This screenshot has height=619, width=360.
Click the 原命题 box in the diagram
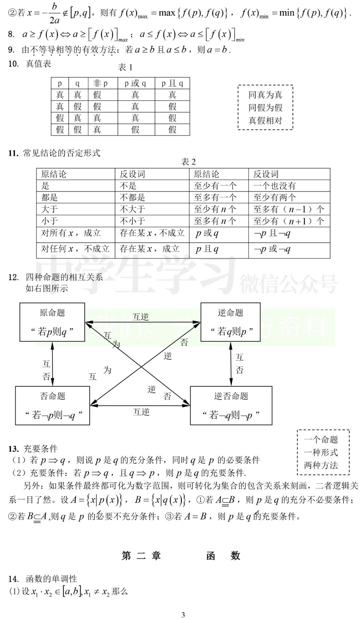click(52, 322)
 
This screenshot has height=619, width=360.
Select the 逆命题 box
click(230, 322)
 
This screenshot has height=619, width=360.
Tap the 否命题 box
click(53, 406)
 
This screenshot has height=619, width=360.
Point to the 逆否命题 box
click(231, 406)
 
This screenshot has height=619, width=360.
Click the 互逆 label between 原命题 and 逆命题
click(141, 317)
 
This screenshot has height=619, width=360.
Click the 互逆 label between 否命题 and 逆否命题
click(141, 412)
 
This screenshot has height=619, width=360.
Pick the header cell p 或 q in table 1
click(135, 83)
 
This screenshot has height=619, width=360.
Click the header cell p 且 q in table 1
click(172, 83)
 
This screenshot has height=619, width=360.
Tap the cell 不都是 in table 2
click(132, 197)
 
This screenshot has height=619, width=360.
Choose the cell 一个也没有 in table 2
click(274, 186)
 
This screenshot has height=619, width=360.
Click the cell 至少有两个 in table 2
click(274, 197)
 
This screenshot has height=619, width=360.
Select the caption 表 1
click(125, 67)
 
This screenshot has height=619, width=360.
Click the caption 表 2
click(188, 162)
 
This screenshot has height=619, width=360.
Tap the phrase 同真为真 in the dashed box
click(265, 95)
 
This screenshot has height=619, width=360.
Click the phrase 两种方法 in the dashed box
click(321, 465)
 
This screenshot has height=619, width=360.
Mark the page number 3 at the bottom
click(183, 615)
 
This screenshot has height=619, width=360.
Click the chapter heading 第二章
click(141, 556)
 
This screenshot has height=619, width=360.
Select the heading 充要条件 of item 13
click(40, 449)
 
